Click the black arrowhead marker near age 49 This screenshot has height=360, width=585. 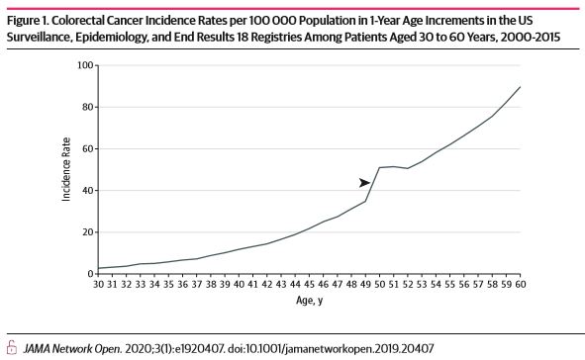point(364,182)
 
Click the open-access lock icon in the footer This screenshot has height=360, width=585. point(12,347)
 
